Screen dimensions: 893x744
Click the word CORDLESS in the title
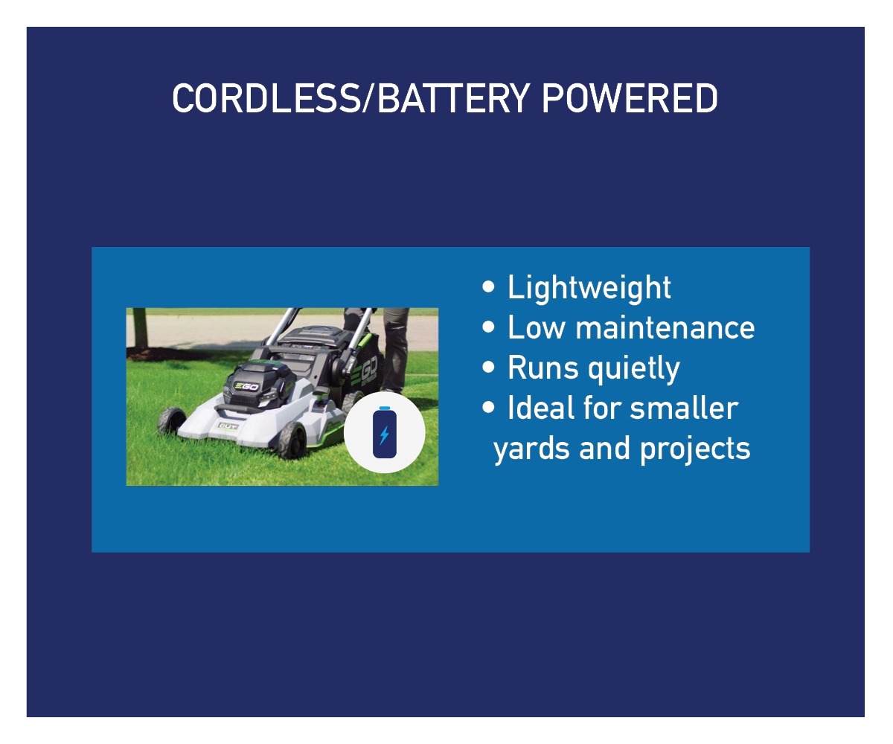pos(266,98)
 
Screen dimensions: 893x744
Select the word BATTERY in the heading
pos(454,98)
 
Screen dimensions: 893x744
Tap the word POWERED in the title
pos(630,98)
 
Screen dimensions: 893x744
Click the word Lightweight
pos(589,289)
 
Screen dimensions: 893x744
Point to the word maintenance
pos(665,328)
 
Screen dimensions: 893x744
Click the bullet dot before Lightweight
pos(488,287)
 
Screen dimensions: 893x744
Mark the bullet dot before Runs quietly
pos(488,368)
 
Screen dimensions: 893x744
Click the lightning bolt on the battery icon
pos(384,435)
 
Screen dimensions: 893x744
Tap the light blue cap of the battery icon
pos(385,408)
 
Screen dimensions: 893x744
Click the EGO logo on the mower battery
pos(246,387)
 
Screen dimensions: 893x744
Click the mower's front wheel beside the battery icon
pos(292,440)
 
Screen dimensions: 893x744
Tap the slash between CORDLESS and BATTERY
pos(368,98)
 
